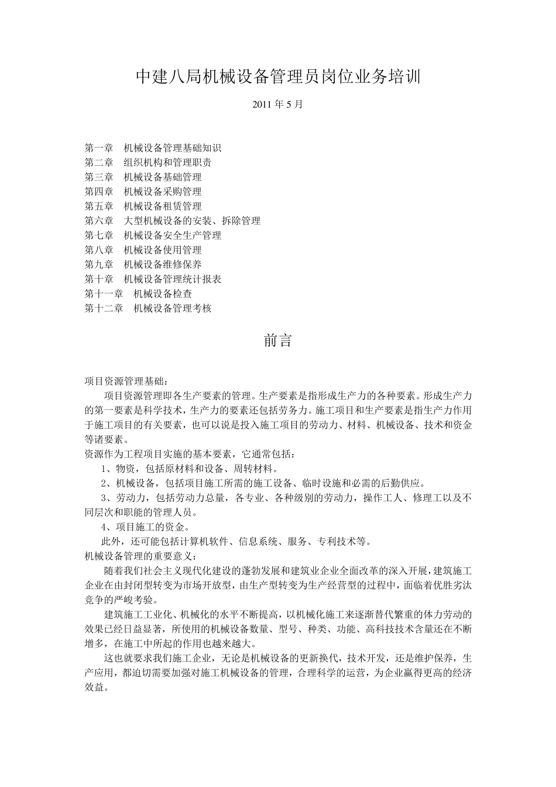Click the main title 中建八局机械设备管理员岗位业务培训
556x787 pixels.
[278, 77]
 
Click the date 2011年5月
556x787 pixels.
[278, 105]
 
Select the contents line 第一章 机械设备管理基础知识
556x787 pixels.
[153, 148]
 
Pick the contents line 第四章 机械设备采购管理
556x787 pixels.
[143, 191]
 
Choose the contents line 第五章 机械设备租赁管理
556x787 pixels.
[143, 206]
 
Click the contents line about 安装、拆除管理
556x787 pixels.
[173, 221]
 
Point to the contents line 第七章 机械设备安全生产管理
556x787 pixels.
[153, 235]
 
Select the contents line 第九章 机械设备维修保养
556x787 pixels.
[143, 265]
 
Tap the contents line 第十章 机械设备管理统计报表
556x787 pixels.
[153, 279]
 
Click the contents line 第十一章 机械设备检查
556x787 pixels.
[138, 294]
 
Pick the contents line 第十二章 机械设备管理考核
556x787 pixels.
[148, 309]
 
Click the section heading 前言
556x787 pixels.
[278, 341]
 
